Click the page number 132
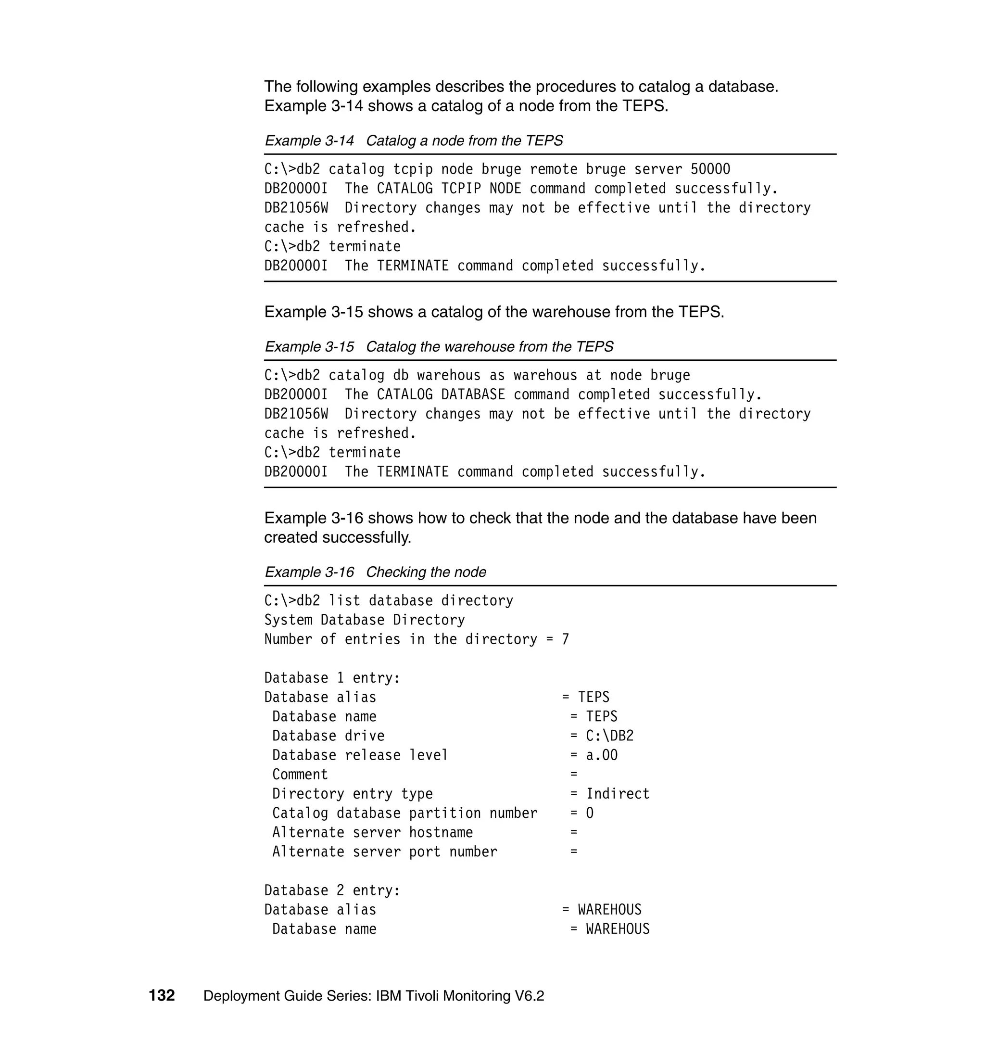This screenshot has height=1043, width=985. click(162, 995)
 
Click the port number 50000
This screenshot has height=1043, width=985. click(710, 169)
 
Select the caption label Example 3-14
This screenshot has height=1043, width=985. click(309, 141)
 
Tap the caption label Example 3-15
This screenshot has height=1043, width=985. click(309, 346)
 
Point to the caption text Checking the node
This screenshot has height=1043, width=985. click(426, 572)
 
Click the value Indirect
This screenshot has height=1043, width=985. click(618, 793)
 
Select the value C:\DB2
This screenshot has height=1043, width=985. click(609, 736)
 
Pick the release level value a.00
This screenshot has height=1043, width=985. click(602, 755)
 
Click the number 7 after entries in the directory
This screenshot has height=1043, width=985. click(565, 639)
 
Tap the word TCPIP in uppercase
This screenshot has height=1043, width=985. click(461, 189)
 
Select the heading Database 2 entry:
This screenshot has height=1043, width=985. click(332, 890)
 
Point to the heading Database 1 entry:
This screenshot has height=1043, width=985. click(332, 678)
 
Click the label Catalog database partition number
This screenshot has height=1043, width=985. click(404, 813)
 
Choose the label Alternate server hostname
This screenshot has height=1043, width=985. click(372, 832)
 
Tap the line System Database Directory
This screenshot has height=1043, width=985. click(365, 620)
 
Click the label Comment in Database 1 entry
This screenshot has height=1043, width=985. click(300, 775)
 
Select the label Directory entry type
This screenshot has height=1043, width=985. click(353, 793)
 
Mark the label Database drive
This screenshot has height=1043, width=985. click(328, 736)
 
